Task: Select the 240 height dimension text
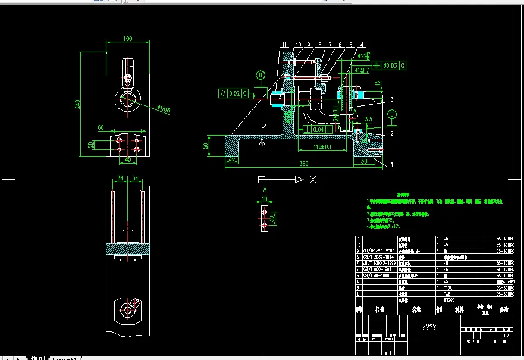77,104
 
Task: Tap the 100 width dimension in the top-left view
127,39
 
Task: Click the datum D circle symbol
261,75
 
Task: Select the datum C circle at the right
392,114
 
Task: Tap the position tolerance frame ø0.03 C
389,65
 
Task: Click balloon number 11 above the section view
285,45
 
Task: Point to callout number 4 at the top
361,45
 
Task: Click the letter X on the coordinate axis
313,179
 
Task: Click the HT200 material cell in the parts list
452,300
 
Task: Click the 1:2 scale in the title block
506,336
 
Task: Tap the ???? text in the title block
429,327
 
